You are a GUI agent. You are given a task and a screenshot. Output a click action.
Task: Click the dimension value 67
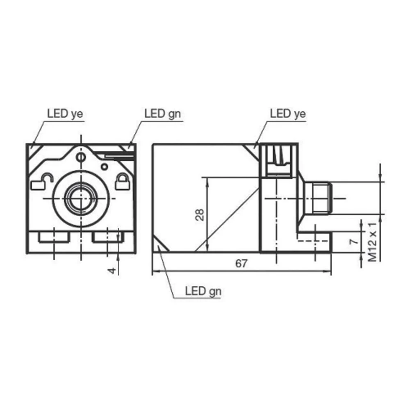pyautogui.click(x=241, y=264)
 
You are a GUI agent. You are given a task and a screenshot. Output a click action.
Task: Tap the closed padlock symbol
pyautogui.click(x=122, y=182)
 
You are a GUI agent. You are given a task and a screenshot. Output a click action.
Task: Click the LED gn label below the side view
pyautogui.click(x=203, y=292)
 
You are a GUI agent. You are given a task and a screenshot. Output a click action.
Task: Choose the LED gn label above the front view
pyautogui.click(x=162, y=114)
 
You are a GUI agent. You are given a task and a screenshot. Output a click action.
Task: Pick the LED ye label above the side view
pyautogui.click(x=288, y=114)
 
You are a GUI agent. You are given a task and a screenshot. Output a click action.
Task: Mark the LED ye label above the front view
pyautogui.click(x=65, y=114)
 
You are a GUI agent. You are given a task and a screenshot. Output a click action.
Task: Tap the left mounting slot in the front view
pyautogui.click(x=54, y=237)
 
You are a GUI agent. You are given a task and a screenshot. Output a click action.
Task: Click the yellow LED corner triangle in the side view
pyautogui.click(x=253, y=149)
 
